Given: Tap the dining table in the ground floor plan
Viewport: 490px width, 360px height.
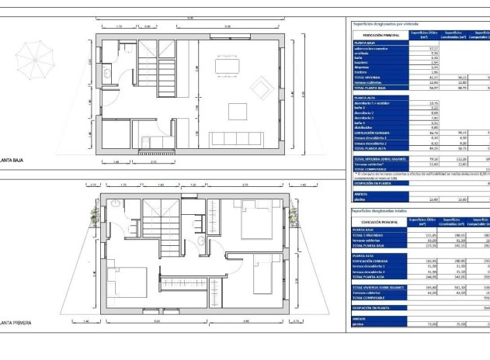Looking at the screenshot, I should point(227,68).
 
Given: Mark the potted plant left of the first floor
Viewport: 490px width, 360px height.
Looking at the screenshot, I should point(96,216).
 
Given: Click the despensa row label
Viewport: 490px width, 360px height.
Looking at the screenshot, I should point(361,67).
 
